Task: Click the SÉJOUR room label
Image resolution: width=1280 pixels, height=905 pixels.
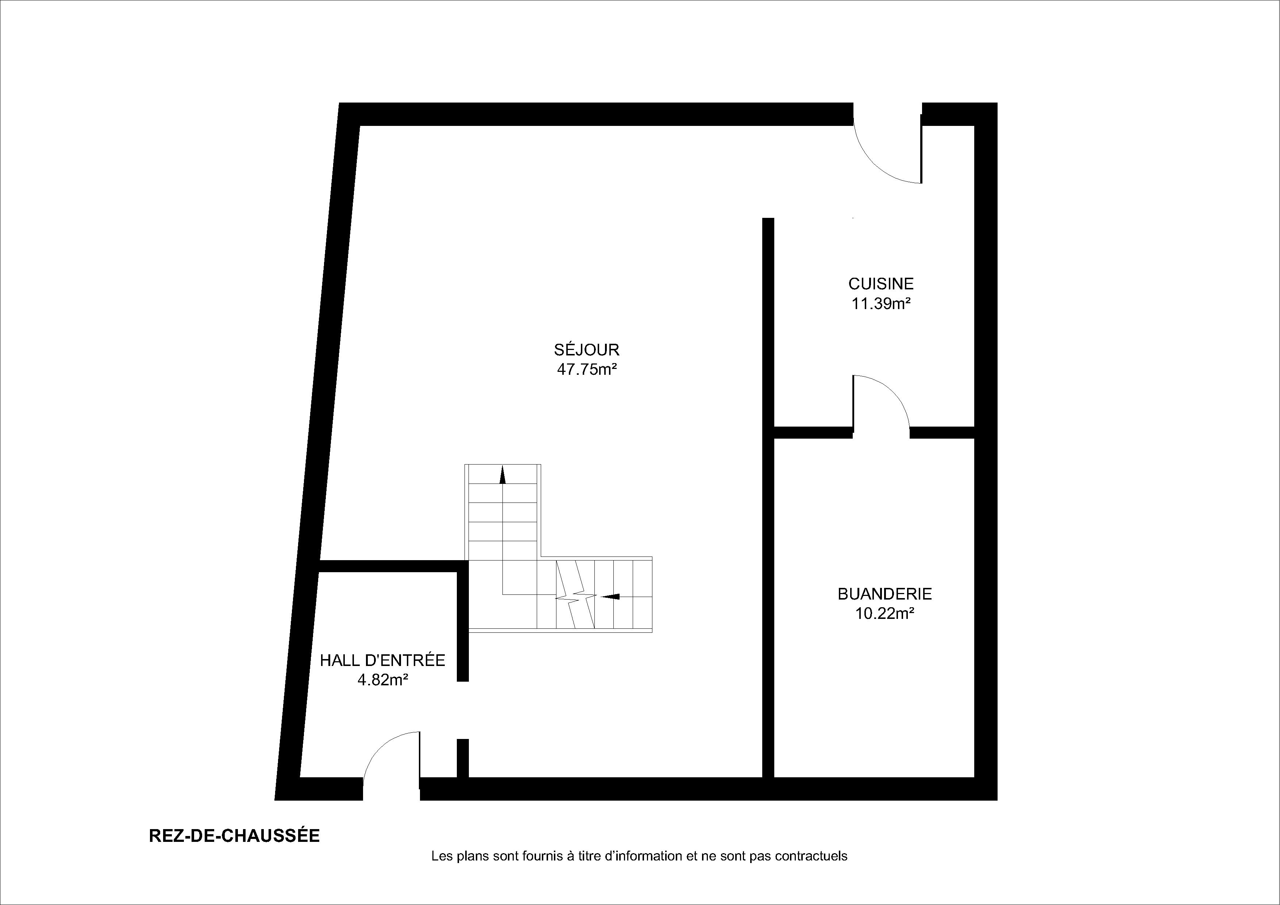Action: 586,350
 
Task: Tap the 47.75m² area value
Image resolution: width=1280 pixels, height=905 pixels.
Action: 586,369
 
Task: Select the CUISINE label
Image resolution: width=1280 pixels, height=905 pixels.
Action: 881,284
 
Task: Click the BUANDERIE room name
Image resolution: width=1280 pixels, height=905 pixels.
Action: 885,594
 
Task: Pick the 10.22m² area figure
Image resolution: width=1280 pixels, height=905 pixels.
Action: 885,613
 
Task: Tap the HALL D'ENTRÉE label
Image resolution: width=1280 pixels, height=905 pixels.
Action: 382,660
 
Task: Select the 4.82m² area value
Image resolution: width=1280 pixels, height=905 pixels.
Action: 382,680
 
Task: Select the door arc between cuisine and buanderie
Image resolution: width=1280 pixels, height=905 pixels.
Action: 892,390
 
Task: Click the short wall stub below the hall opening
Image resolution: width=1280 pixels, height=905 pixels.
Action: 463,758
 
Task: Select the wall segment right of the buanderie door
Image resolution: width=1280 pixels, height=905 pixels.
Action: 942,433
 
